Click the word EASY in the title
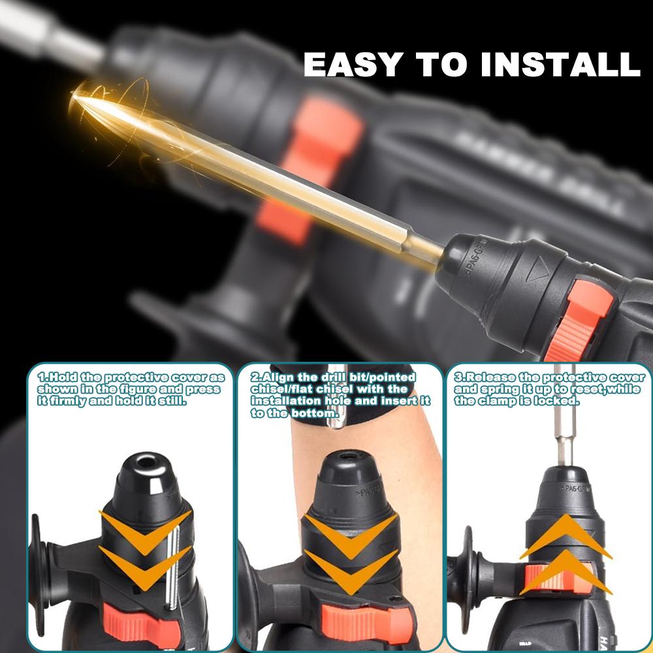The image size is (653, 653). click(x=347, y=64)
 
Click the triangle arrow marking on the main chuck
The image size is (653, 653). click(x=539, y=267)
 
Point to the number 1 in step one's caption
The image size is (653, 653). click(x=40, y=377)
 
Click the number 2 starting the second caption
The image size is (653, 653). click(x=255, y=377)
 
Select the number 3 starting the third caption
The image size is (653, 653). click(x=458, y=377)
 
